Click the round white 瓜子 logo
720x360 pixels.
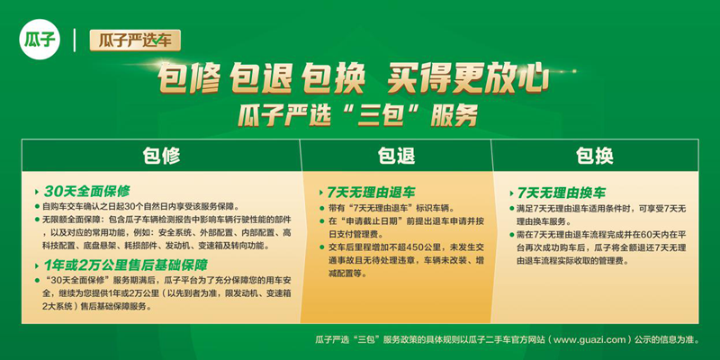[x=40, y=40]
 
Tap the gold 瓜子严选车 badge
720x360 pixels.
[x=135, y=40]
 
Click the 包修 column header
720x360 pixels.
[x=161, y=156]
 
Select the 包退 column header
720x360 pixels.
[x=396, y=156]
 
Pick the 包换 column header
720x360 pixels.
[x=595, y=156]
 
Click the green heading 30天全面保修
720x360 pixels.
[x=86, y=191]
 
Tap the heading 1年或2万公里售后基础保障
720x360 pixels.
[x=125, y=265]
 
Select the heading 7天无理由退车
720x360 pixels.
[x=371, y=192]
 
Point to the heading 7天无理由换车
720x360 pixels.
[x=561, y=192]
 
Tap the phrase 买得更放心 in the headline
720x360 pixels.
[x=467, y=77]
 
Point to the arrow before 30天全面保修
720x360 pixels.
[x=37, y=192]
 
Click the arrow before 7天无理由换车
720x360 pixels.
[x=511, y=193]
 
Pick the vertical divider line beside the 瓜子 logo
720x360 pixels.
[x=75, y=40]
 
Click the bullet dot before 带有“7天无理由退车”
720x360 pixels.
[x=321, y=209]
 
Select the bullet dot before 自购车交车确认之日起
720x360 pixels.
[x=38, y=206]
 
